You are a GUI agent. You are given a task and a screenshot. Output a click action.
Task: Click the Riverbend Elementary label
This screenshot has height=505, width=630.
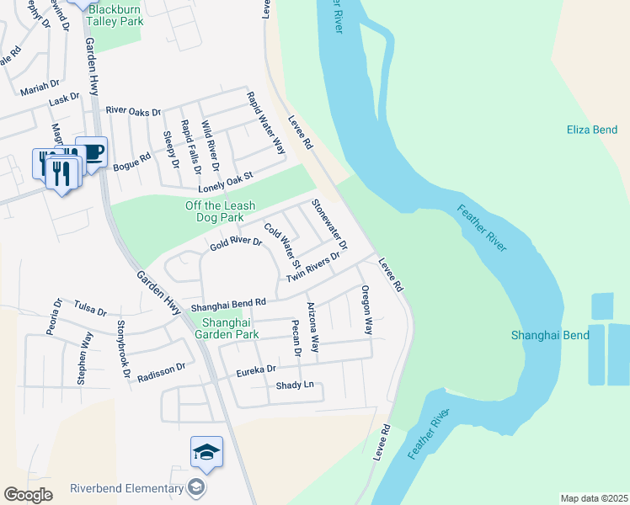pyautogui.click(x=126, y=488)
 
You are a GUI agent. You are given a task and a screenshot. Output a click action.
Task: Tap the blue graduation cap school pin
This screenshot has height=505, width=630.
pyautogui.click(x=206, y=453)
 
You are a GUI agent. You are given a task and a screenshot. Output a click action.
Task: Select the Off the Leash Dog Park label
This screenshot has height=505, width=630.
pyautogui.click(x=221, y=211)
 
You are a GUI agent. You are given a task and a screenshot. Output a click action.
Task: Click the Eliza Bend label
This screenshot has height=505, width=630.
pyautogui.click(x=592, y=130)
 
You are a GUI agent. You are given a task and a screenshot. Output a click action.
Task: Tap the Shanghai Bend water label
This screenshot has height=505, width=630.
pyautogui.click(x=546, y=335)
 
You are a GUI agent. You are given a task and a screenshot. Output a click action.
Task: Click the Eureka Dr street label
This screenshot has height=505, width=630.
pyautogui.click(x=257, y=369)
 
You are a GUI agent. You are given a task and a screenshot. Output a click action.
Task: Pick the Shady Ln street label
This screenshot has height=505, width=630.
pyautogui.click(x=295, y=385)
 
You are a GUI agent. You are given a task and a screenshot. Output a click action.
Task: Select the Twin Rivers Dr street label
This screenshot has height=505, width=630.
pyautogui.click(x=313, y=267)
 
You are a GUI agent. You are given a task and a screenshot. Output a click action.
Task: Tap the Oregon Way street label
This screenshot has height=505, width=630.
pyautogui.click(x=366, y=310)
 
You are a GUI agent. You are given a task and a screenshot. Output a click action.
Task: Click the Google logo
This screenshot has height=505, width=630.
pyautogui.click(x=28, y=495)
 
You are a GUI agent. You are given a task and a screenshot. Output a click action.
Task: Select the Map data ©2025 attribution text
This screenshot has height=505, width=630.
pyautogui.click(x=593, y=498)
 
